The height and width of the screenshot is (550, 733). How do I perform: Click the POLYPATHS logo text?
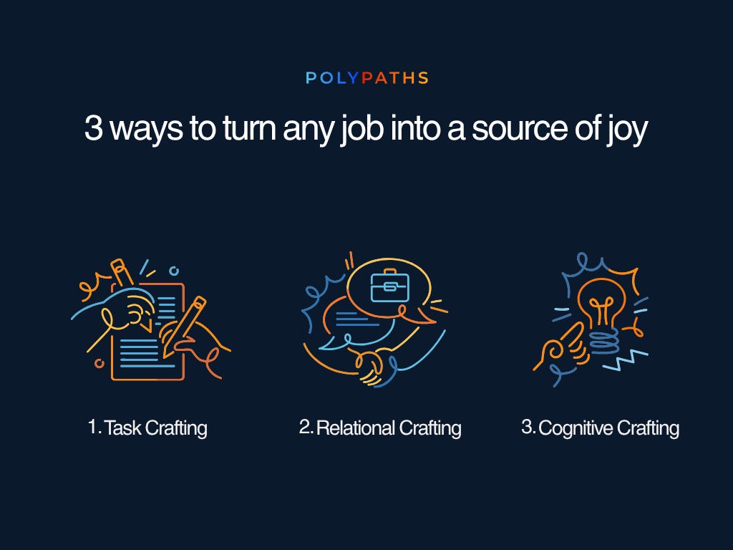(x=367, y=77)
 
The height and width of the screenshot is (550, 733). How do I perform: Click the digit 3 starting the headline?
(x=94, y=127)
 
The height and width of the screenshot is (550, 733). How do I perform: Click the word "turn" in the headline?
(x=249, y=128)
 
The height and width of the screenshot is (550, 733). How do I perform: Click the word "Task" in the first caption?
(x=122, y=428)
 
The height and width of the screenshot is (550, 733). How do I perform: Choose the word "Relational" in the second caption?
(x=356, y=428)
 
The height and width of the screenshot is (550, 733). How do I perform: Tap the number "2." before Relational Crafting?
(x=306, y=427)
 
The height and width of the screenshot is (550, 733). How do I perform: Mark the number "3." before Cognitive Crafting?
(x=529, y=427)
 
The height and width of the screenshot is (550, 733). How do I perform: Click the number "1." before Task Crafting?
(x=95, y=427)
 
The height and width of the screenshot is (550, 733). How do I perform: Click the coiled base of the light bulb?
(x=603, y=343)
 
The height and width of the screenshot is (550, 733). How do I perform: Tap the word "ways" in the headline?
(x=146, y=131)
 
